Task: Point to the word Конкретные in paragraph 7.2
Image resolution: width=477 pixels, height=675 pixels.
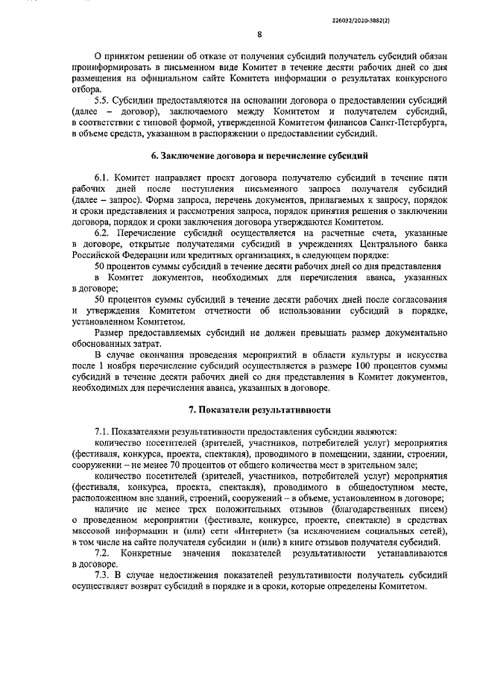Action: click(148, 553)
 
